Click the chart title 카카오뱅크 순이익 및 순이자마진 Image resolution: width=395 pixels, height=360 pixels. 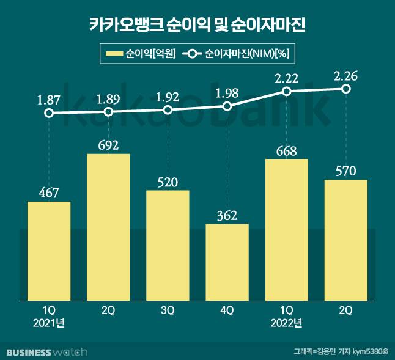(197, 25)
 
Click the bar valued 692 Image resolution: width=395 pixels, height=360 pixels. (108, 226)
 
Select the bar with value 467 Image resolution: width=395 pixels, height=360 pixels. (49, 251)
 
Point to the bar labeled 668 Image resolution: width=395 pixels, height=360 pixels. (286, 229)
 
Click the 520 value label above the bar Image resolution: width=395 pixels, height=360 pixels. (168, 182)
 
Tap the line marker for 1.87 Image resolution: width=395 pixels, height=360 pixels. (49, 113)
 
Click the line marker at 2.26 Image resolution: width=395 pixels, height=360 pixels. (345, 89)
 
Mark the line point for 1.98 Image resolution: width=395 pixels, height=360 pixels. (227, 106)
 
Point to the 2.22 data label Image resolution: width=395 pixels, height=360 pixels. (286, 76)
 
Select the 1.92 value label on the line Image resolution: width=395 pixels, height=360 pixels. (168, 96)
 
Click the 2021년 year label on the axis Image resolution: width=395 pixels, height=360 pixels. (49, 322)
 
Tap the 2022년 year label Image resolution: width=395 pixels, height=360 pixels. (286, 322)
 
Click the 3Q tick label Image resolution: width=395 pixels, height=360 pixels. (168, 310)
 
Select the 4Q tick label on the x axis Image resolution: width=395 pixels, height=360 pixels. (227, 310)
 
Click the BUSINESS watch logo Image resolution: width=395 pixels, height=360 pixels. (46, 351)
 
